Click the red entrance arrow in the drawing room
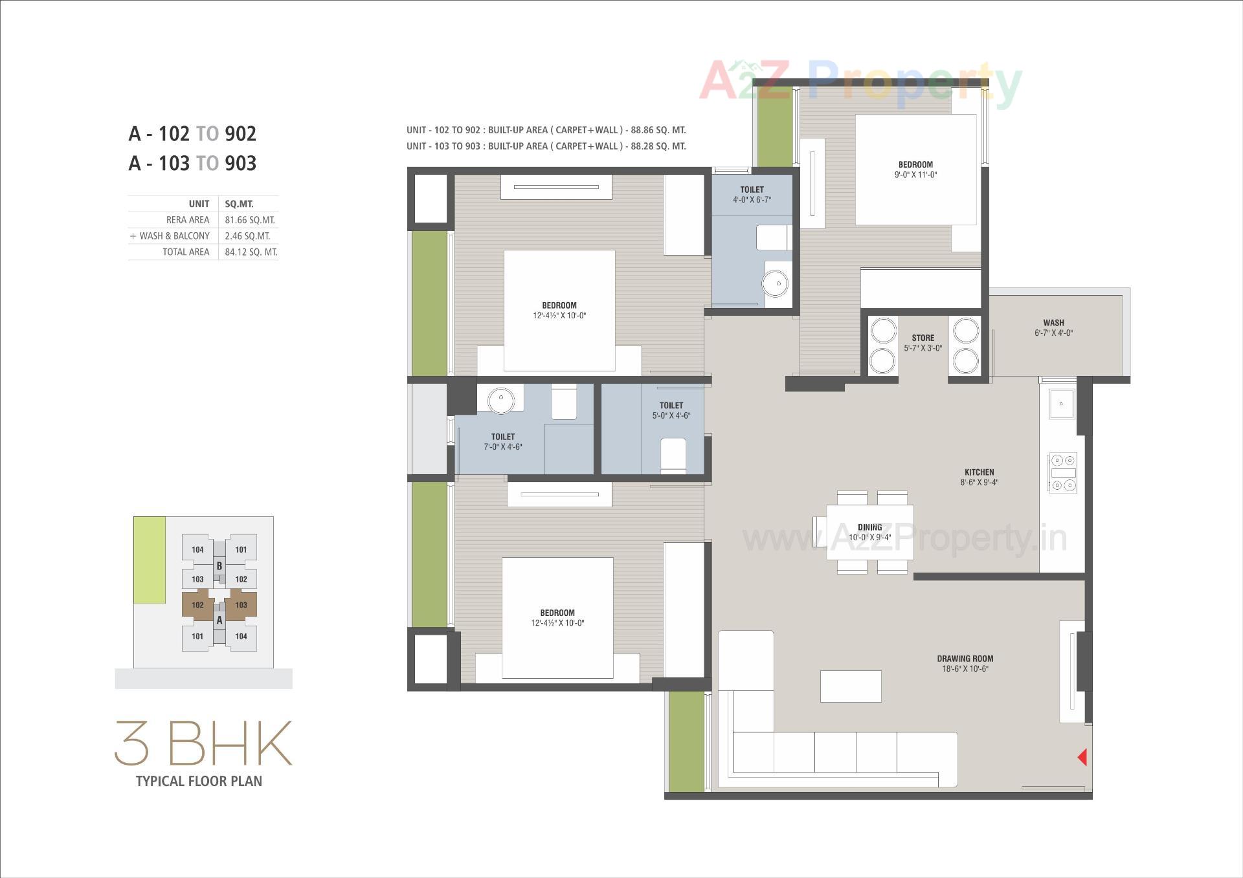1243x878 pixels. pyautogui.click(x=1082, y=757)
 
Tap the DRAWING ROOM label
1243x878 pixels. pyautogui.click(x=965, y=663)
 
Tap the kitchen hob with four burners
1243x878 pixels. pyautogui.click(x=1062, y=473)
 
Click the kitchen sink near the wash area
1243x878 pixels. pyautogui.click(x=1060, y=404)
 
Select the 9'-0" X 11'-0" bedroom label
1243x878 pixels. pyautogui.click(x=915, y=170)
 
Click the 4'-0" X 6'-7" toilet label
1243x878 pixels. pyautogui.click(x=752, y=194)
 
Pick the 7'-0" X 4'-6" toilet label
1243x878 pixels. pyautogui.click(x=502, y=441)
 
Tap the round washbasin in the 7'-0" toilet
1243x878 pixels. pyautogui.click(x=500, y=400)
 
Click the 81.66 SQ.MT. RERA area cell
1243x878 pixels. pyautogui.click(x=250, y=220)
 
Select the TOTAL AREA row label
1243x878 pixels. pyautogui.click(x=186, y=252)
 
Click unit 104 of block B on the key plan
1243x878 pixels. pyautogui.click(x=197, y=549)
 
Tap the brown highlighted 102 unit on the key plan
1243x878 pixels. pyautogui.click(x=197, y=605)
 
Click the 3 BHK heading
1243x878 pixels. pyautogui.click(x=203, y=743)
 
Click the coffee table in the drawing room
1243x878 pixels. pyautogui.click(x=850, y=686)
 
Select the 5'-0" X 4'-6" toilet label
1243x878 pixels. pyautogui.click(x=671, y=410)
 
